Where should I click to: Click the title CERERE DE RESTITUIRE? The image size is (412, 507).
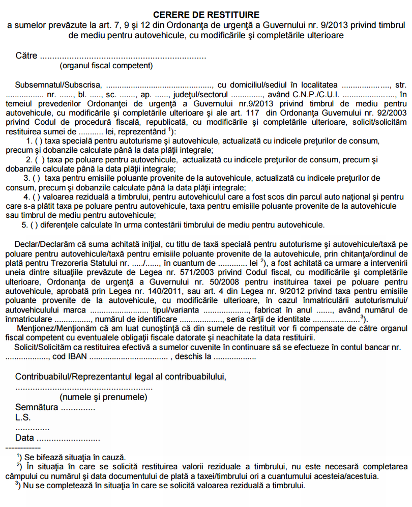click(205, 15)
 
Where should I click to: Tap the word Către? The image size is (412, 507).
click(26, 56)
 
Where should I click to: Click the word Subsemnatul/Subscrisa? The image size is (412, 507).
click(59, 84)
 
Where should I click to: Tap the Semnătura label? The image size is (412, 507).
click(37, 407)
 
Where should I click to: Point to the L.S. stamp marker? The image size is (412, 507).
click(23, 417)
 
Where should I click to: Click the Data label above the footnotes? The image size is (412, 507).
click(25, 437)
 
